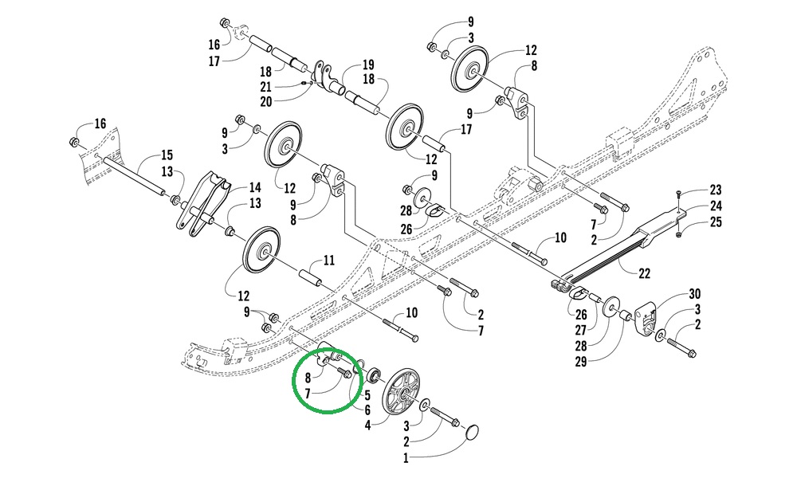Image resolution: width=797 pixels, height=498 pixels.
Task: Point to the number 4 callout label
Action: click(368, 426)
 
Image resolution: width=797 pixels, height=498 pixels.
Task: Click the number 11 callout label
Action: click(328, 260)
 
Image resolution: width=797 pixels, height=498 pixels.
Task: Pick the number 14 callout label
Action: click(254, 188)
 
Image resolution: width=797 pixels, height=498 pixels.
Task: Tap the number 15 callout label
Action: click(167, 155)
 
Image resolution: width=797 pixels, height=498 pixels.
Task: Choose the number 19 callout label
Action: click(368, 65)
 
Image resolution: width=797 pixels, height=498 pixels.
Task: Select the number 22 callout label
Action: click(644, 273)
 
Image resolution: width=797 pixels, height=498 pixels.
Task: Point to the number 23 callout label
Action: click(716, 190)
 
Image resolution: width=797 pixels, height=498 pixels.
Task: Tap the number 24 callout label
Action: click(716, 206)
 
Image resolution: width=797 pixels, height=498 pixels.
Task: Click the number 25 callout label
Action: click(716, 222)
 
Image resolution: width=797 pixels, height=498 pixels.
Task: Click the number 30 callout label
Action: click(694, 293)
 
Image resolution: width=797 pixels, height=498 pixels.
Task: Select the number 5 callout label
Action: click(367, 394)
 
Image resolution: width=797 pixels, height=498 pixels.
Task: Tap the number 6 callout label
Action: click(367, 410)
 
